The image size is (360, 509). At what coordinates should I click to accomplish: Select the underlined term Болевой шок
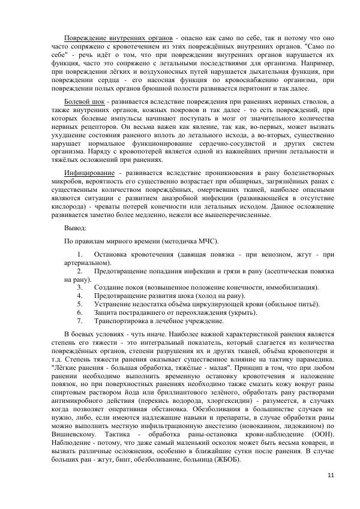pos(85,103)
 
